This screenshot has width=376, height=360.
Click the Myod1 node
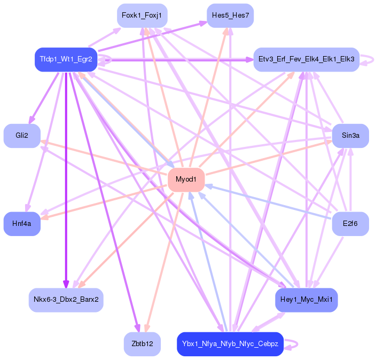[x=186, y=179]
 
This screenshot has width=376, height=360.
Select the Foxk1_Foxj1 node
[x=142, y=15]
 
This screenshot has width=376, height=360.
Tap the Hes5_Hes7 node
[x=230, y=15]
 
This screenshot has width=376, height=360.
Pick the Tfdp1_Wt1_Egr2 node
[x=66, y=59]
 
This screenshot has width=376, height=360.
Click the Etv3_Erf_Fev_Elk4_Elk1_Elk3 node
[x=306, y=59]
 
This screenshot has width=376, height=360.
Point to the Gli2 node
[x=22, y=136]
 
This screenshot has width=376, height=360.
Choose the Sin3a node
[x=350, y=136]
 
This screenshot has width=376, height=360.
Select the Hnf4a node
[x=22, y=224]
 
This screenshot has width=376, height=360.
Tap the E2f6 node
[x=350, y=224]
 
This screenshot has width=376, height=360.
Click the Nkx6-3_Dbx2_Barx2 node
[x=66, y=300]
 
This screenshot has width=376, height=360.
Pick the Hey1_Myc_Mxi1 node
[x=306, y=300]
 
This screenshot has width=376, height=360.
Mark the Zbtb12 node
[x=142, y=344]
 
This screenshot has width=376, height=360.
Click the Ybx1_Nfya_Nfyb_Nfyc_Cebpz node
[x=230, y=344]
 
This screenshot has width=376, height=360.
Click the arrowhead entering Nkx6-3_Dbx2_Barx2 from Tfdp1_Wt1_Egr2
[x=66, y=284]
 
